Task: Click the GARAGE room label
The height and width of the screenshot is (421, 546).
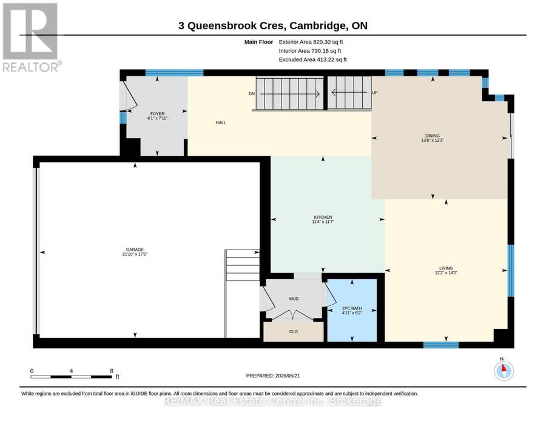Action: click(135, 250)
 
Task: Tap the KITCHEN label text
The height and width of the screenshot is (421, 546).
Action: click(323, 217)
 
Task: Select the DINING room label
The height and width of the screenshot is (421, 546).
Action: click(433, 136)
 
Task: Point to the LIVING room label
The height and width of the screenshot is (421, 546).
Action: click(446, 268)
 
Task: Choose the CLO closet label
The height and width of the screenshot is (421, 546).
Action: click(294, 332)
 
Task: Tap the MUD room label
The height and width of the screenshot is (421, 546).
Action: click(294, 299)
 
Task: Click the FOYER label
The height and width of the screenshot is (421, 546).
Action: click(157, 114)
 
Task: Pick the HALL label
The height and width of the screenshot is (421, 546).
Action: click(221, 123)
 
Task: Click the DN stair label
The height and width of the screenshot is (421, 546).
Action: click(252, 93)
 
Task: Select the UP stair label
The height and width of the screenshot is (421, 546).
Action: click(375, 93)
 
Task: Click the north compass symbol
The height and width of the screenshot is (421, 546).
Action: click(504, 371)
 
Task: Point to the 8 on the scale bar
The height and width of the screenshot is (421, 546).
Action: click(112, 371)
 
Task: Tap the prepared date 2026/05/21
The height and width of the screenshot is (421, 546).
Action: click(288, 376)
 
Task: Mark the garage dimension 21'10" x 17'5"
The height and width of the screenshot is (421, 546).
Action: click(135, 254)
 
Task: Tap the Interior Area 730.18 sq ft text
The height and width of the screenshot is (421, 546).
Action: click(310, 51)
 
